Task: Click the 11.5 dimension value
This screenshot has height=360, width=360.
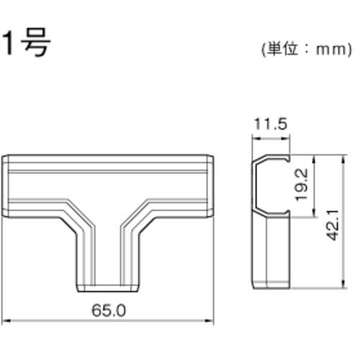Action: pos(269,125)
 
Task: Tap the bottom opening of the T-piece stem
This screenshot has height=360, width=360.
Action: pos(109,286)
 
